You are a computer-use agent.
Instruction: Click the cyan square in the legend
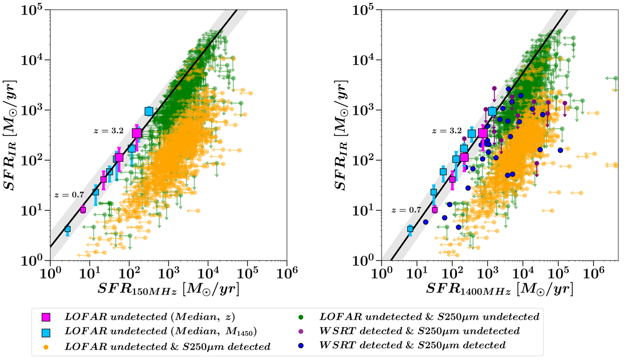point(46,331)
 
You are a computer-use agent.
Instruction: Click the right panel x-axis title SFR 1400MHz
point(499,288)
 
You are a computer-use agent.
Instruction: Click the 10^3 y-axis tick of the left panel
point(35,110)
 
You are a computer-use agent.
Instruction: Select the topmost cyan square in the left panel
point(149,111)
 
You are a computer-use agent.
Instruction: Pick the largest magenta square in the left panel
point(137,133)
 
